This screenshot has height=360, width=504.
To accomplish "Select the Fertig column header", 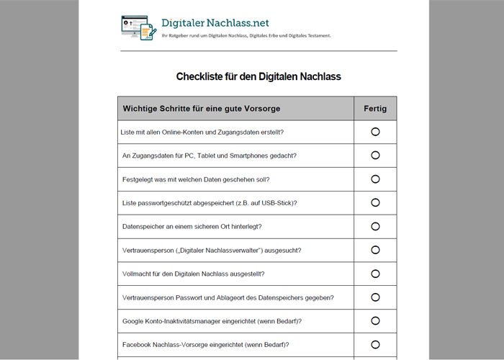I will coord(375,109).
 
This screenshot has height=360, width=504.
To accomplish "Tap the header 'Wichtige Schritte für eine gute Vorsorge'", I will coord(202,109).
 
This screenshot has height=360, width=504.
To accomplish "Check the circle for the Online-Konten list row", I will coord(375,132).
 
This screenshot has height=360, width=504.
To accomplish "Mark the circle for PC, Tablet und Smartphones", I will coord(375,156).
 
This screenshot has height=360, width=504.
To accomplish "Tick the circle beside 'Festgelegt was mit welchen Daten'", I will coord(375,179).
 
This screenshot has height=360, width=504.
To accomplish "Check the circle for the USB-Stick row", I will coord(375,203).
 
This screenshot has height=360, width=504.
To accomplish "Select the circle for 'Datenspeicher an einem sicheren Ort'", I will coord(375,226).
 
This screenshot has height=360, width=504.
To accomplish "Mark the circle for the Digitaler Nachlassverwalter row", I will coord(375,250).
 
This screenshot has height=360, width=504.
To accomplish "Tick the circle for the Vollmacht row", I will coord(375,274).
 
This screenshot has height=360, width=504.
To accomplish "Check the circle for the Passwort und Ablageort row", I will coord(375,297).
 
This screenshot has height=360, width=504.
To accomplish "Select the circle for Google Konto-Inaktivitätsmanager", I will coord(375,320).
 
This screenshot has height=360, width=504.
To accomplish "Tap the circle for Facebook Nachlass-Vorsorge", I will coord(375,344).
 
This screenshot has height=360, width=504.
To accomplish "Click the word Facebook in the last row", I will coord(138,344).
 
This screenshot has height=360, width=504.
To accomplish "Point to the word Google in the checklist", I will coord(134,320).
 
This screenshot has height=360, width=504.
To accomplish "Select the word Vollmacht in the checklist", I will coord(138,274).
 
